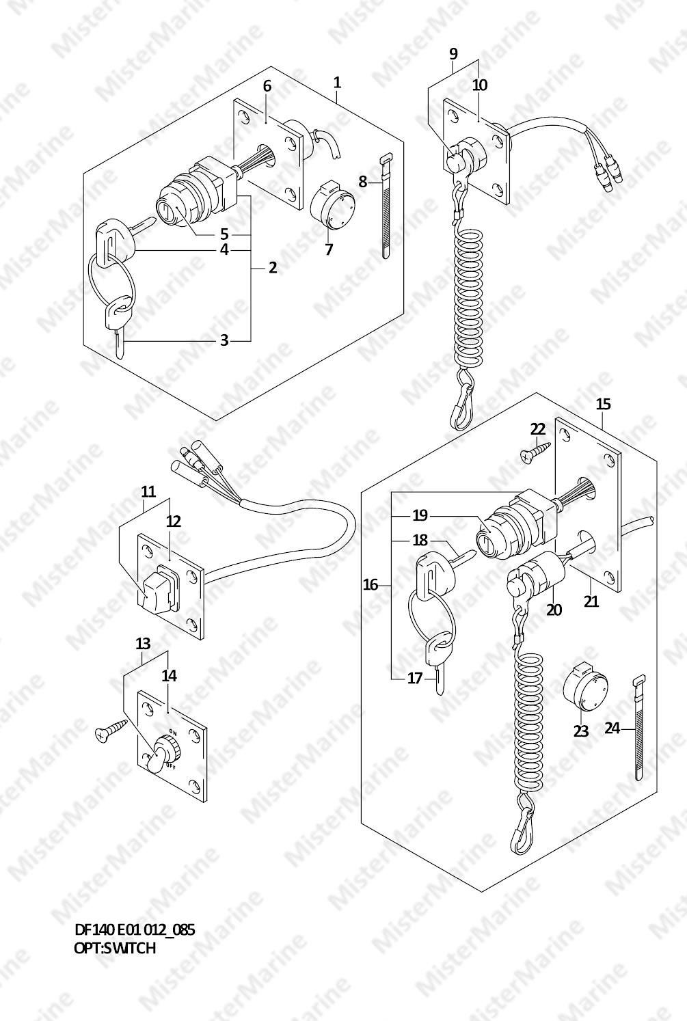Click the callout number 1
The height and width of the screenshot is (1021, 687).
(337, 83)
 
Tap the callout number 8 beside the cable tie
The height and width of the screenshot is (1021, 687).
(363, 182)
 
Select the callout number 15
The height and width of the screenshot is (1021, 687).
(603, 405)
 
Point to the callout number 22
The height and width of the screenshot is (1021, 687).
(538, 429)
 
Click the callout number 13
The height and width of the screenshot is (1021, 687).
(143, 644)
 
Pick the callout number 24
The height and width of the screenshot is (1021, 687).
(612, 729)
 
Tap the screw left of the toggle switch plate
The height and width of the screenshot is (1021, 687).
(111, 729)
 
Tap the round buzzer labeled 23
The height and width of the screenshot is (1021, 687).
(586, 687)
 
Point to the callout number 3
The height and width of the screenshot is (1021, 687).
(224, 340)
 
